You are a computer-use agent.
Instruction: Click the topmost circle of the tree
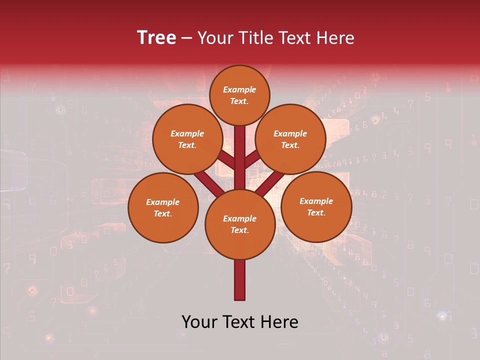239,95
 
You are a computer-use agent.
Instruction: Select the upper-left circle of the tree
187,139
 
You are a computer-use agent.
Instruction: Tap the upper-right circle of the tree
290,139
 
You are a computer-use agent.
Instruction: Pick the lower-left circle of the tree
163,207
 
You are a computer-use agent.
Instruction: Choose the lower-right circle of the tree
316,206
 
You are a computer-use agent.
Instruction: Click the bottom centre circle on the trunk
240,224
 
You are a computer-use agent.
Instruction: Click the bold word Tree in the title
156,37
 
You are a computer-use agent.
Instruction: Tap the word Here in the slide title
334,37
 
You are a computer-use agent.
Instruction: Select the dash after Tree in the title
187,38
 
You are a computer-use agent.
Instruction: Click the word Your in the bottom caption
200,322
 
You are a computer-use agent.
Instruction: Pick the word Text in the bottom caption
241,322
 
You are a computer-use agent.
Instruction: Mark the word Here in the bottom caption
280,322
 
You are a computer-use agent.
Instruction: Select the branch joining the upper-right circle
252,159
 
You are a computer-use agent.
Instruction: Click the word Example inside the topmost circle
239,89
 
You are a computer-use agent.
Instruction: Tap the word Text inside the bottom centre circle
239,230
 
